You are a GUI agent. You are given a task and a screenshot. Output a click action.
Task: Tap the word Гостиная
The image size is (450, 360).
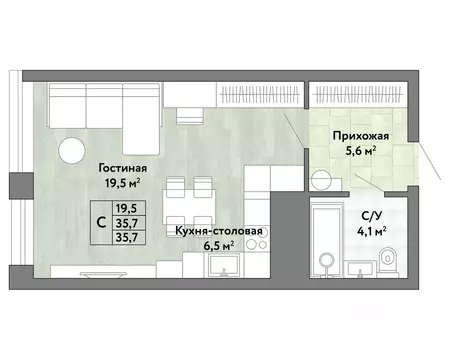coord(123,167)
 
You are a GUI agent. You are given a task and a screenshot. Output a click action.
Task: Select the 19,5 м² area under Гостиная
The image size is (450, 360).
coord(123,183)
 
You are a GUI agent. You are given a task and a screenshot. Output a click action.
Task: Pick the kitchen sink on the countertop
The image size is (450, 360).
coord(219,264)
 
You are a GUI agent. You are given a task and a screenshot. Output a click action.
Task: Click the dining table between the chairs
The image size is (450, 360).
coord(186,203)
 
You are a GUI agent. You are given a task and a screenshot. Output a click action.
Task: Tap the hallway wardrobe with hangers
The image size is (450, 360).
coord(355,95)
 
